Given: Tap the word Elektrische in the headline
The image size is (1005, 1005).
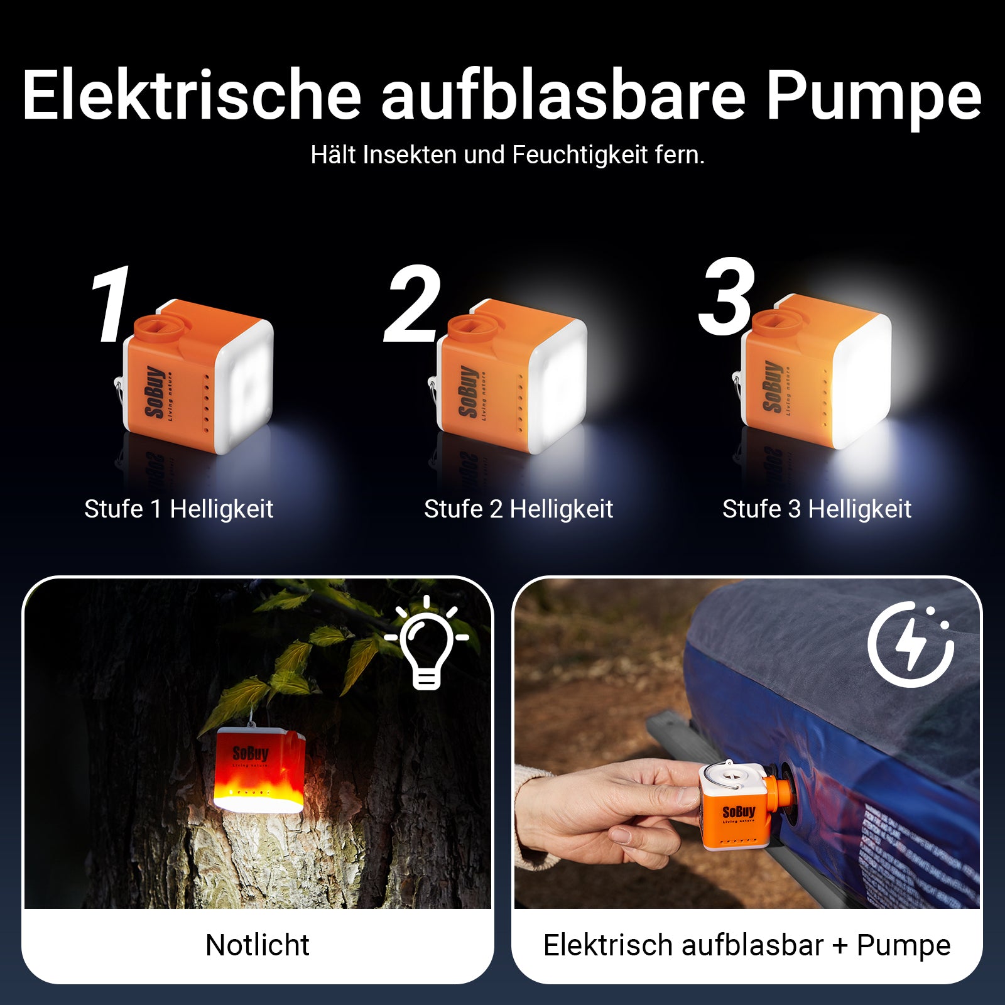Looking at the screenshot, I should tap(192, 95).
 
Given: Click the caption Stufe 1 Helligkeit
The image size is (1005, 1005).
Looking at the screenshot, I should tap(179, 509).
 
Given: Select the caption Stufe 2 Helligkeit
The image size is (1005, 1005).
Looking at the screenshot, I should tap(518, 509).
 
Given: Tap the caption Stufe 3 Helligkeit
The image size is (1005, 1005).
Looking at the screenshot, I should tap(817, 509).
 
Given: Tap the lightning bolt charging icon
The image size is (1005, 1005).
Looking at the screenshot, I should tap(911, 644).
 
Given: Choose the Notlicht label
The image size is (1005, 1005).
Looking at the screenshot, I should tap(258, 945).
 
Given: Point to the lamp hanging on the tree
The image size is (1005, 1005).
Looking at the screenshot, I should tap(259, 770).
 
